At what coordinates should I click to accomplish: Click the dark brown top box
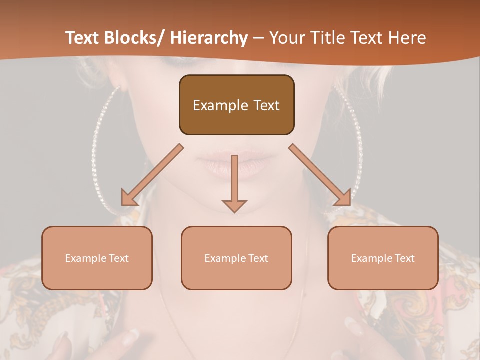236,105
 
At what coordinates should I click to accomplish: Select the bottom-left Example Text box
97,258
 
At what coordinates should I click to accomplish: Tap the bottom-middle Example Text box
236,258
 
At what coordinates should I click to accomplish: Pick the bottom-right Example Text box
383,258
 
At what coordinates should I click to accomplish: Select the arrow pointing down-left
153,175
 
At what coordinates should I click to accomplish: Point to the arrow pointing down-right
320,175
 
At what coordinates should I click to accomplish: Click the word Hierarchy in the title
209,38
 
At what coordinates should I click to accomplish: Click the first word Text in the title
82,38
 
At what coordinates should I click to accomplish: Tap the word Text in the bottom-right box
404,258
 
